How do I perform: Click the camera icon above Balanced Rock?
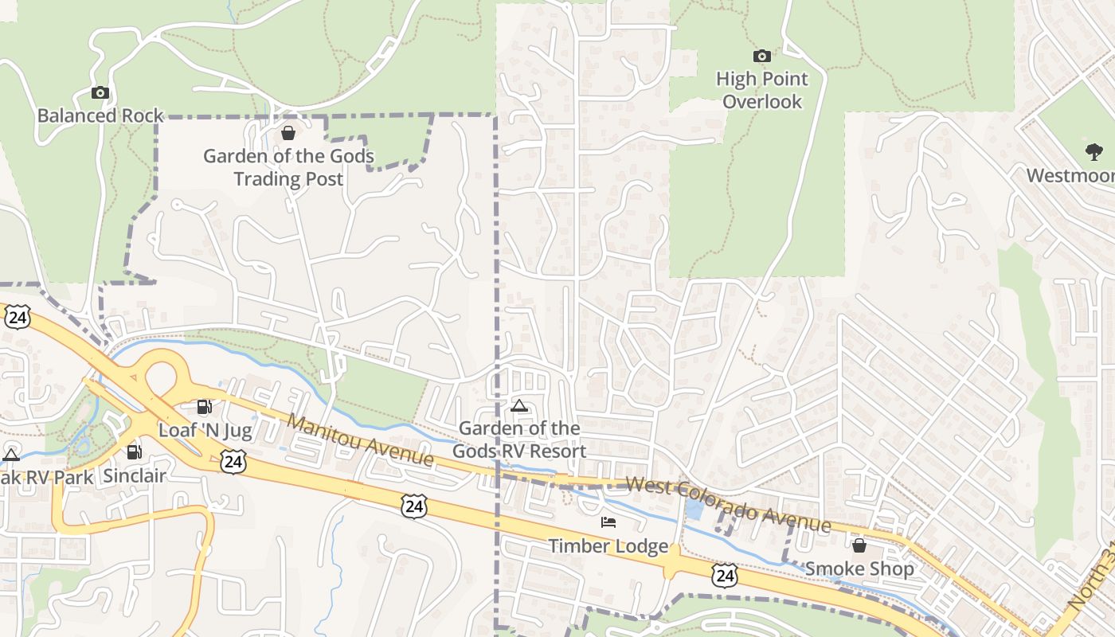click(x=100, y=93)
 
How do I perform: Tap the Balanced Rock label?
click(x=100, y=115)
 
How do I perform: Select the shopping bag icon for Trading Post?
click(x=288, y=132)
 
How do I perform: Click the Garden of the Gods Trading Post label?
click(x=288, y=167)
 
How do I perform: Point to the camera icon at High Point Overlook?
click(x=762, y=56)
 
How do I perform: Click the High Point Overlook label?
click(x=762, y=90)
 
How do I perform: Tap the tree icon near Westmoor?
click(x=1094, y=151)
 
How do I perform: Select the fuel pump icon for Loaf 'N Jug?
click(x=205, y=407)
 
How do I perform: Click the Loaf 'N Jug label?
click(x=205, y=431)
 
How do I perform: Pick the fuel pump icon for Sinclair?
click(x=135, y=452)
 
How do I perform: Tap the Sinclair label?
click(x=135, y=476)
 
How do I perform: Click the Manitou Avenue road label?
click(x=362, y=440)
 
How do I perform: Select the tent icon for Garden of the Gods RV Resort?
click(x=519, y=405)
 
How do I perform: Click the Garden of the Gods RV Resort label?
click(x=519, y=440)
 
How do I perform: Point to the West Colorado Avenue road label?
click(x=729, y=505)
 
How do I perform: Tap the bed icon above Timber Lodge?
click(x=608, y=522)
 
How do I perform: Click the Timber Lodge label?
click(x=608, y=546)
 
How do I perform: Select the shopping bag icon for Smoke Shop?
click(x=859, y=545)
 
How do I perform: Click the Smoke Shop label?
click(x=859, y=569)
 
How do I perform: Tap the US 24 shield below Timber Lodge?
click(x=724, y=575)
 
